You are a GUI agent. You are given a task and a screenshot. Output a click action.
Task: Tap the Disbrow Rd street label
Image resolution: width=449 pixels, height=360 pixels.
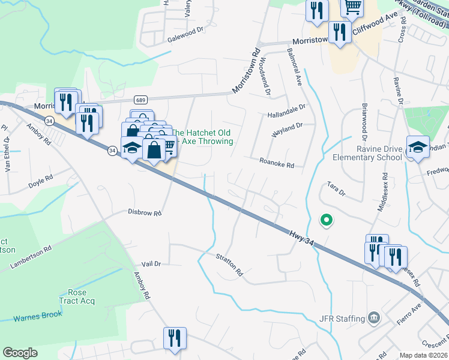(145, 212)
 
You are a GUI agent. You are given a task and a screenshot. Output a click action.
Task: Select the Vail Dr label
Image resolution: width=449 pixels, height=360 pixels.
(152, 264)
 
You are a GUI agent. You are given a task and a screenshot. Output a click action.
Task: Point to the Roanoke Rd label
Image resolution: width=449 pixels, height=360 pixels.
(277, 163)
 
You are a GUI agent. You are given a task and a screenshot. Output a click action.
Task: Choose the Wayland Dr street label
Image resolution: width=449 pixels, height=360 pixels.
(285, 130)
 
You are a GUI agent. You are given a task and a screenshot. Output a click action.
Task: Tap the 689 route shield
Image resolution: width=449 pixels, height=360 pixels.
(139, 100)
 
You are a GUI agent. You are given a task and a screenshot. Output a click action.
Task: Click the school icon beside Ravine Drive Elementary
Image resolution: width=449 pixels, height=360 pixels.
(418, 146)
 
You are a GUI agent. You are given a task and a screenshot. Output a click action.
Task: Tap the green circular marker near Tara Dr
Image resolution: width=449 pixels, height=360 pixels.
(327, 221)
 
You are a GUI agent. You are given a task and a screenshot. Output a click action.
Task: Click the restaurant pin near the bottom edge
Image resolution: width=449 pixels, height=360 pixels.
(175, 337)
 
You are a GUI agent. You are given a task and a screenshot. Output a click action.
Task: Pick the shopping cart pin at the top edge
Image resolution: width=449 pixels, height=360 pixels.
(353, 7)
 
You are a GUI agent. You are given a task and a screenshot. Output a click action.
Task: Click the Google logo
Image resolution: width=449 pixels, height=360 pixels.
(20, 353)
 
